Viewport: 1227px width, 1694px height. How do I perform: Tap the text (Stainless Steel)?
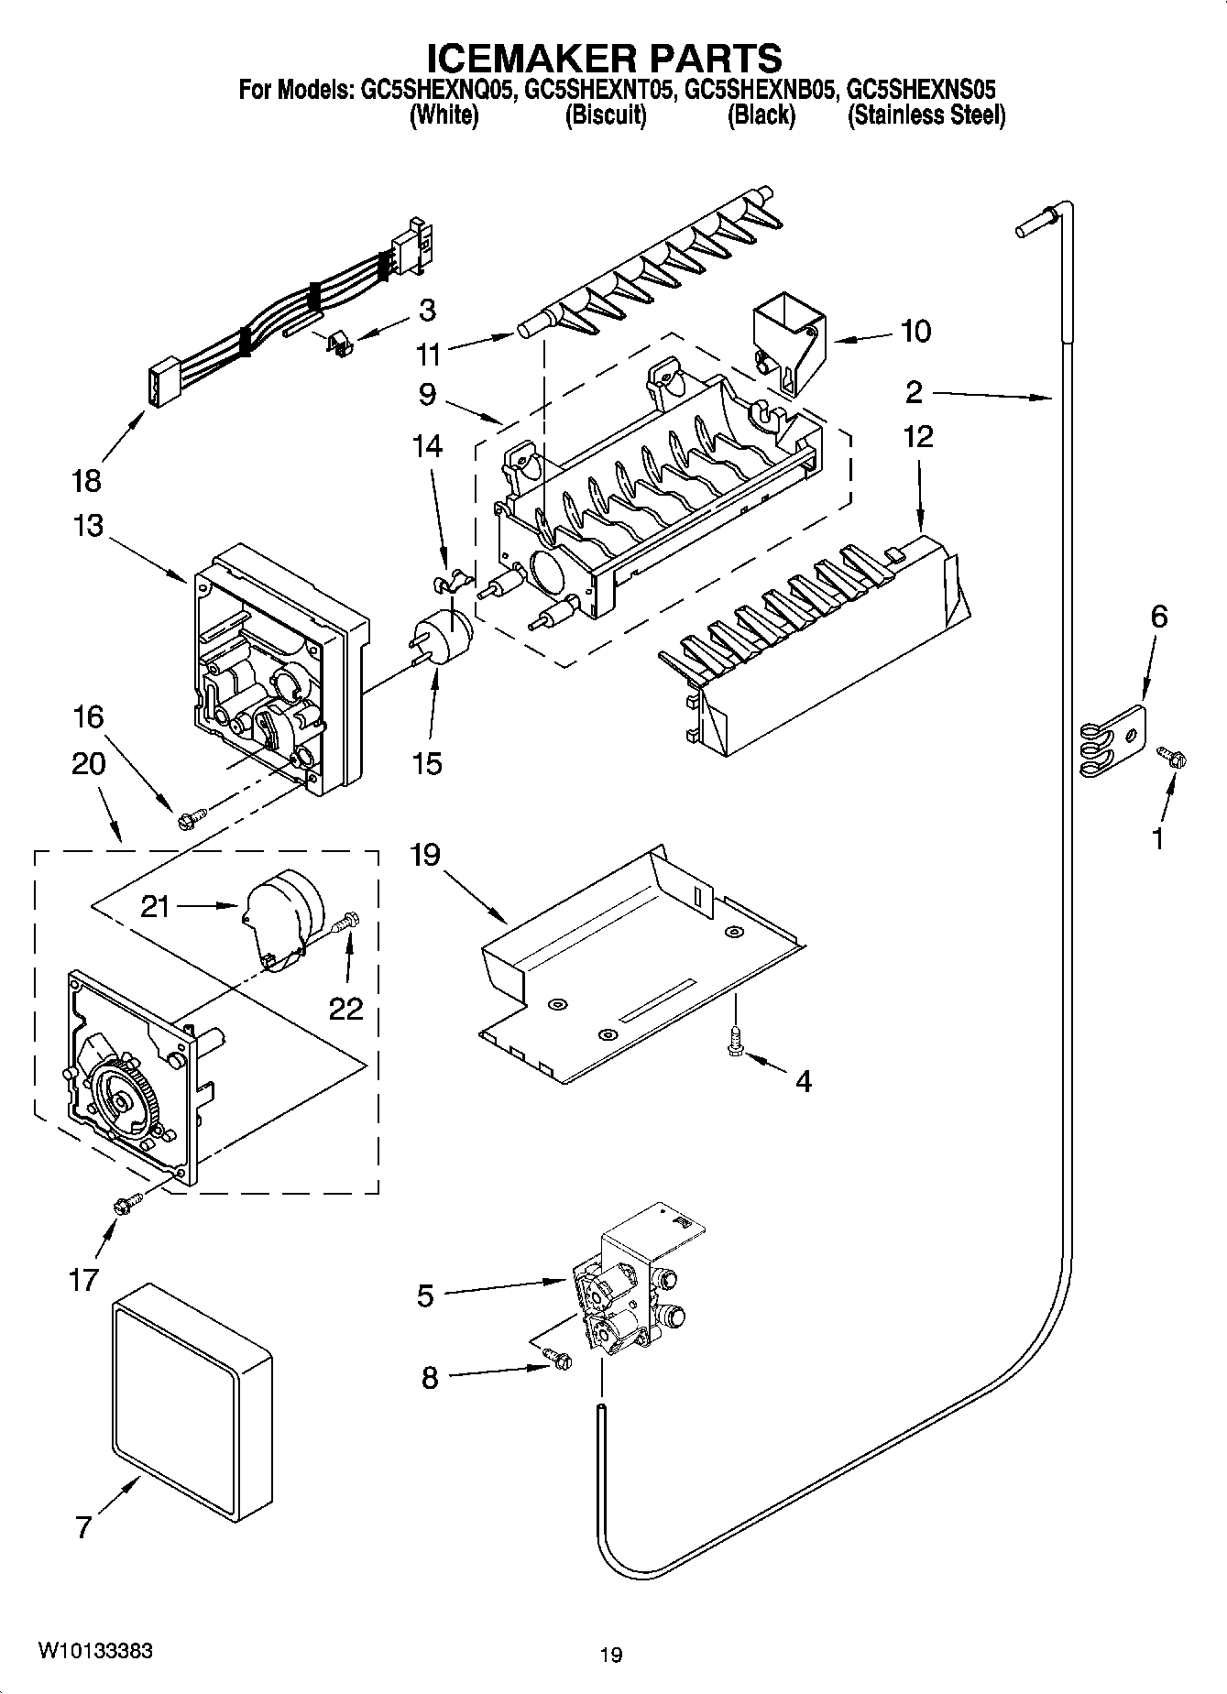tap(926, 116)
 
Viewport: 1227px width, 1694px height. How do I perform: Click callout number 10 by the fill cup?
tap(914, 331)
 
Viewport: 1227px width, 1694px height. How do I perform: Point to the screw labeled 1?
tap(1172, 757)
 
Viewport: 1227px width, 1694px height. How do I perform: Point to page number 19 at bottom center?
tap(611, 1655)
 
